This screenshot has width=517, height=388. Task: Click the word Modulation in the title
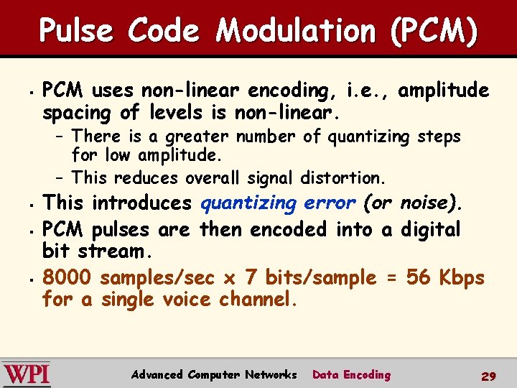point(294,31)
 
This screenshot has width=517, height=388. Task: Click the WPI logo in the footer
point(27,374)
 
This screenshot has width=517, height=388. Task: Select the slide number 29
point(488,376)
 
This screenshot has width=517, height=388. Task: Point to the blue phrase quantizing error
point(278,203)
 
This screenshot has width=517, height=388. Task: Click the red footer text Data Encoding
point(351,374)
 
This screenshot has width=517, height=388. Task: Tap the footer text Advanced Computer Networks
point(214,374)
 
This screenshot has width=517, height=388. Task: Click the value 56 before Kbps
point(419,277)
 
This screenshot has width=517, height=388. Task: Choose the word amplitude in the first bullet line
point(444,91)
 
